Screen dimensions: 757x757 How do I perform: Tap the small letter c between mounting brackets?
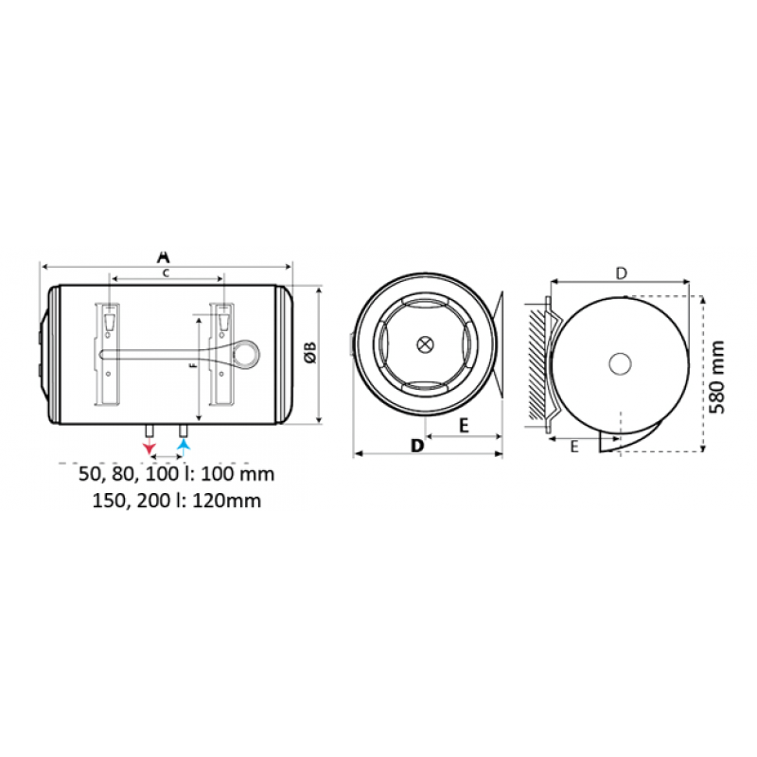(166, 273)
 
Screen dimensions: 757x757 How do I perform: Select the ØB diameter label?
(310, 352)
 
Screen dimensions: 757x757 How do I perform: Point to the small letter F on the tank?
(194, 365)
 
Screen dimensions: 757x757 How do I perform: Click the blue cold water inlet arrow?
(184, 445)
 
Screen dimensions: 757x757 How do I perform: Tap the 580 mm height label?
(717, 377)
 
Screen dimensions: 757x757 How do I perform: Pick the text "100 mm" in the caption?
(238, 474)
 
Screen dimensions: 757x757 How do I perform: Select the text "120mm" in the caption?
(227, 501)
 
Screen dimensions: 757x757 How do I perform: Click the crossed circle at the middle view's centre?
(425, 344)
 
